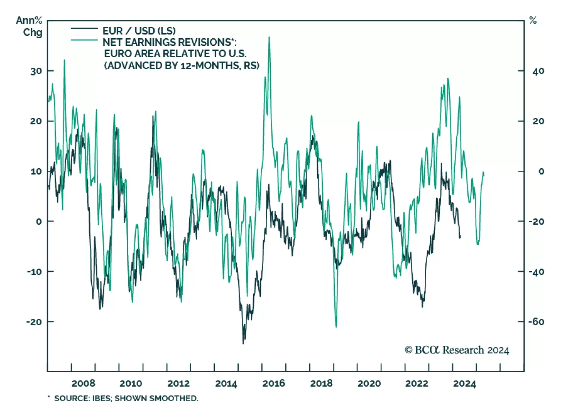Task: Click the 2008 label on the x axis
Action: point(83,383)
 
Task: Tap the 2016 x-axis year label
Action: point(274,383)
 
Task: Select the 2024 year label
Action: point(464,384)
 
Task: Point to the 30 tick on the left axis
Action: point(36,71)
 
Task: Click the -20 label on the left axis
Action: point(34,322)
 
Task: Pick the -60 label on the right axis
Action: point(536,322)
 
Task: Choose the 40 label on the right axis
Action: point(538,71)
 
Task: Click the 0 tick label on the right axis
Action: point(541,171)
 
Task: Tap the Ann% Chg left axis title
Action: point(29,26)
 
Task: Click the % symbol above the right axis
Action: point(533,21)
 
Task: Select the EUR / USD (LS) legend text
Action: point(139,31)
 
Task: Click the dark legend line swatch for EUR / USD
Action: point(84,28)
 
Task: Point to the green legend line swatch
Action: point(84,40)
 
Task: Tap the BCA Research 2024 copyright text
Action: point(457,350)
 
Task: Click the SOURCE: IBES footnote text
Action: point(125,398)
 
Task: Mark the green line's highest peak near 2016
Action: point(269,37)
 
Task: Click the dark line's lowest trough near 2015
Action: point(243,343)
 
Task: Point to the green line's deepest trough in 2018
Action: point(336,326)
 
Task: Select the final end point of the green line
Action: point(483,173)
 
